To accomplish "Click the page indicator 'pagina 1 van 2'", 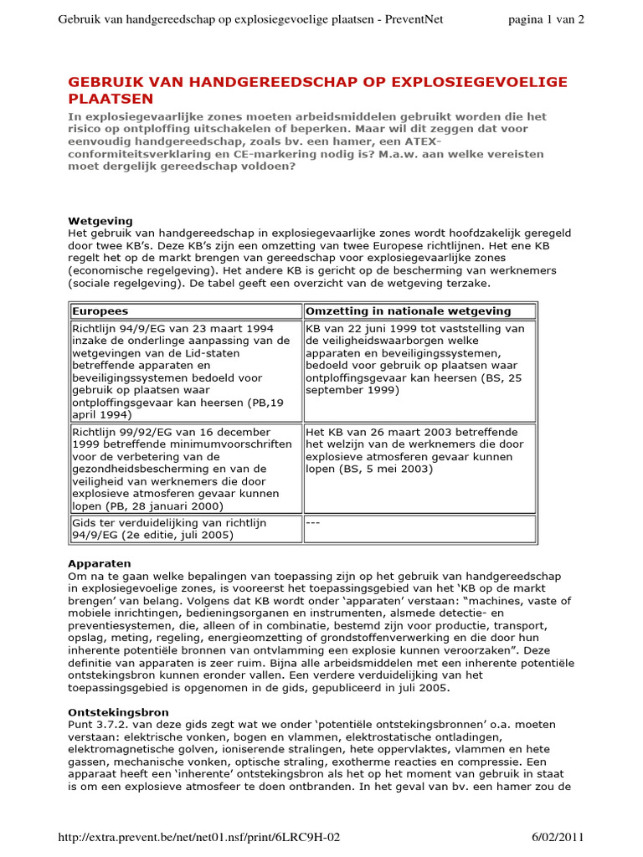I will [x=546, y=20].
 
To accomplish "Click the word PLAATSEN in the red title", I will [x=104, y=99].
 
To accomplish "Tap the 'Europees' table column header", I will [x=100, y=310].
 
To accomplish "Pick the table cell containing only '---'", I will [x=419, y=529].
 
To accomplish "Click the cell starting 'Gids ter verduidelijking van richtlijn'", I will [x=184, y=529].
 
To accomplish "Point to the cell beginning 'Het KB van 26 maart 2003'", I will [x=419, y=468].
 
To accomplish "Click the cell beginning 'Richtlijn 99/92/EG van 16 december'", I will [x=184, y=468].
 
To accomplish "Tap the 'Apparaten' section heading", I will [x=99, y=564].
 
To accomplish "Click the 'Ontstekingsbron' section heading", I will [x=113, y=711].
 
